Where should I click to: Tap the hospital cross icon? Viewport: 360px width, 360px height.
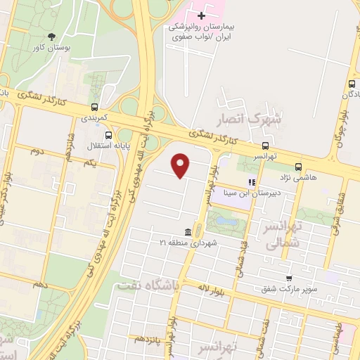coord(202,14)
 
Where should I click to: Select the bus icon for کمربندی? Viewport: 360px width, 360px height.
coord(94,108)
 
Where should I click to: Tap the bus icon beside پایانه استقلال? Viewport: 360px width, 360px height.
coord(108,136)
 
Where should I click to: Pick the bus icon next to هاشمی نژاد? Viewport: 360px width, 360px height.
coord(299,167)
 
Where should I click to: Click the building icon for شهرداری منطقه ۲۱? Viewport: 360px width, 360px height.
coord(188,232)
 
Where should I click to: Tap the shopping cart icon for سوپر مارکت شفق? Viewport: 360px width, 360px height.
coord(289,278)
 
